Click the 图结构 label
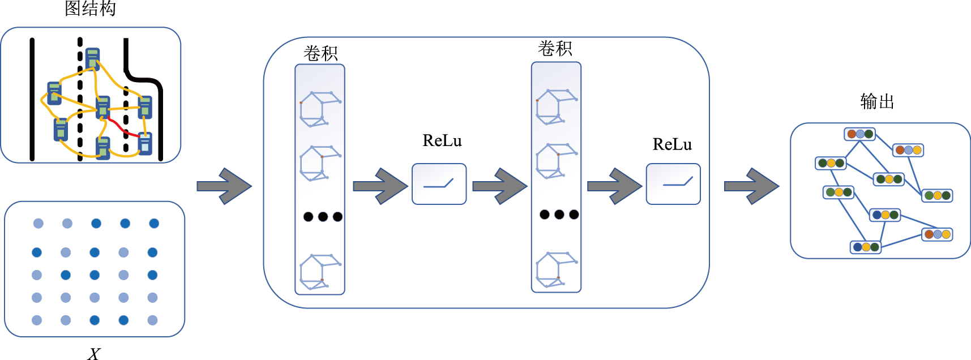pyautogui.click(x=91, y=9)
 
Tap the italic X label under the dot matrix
pyautogui.click(x=94, y=354)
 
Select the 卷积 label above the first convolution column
pyautogui.click(x=320, y=53)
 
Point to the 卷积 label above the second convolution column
pyautogui.click(x=555, y=49)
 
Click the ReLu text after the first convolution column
pyautogui.click(x=442, y=141)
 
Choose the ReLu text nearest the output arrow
pyautogui.click(x=672, y=145)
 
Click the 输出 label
pyautogui.click(x=877, y=102)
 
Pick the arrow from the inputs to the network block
pyautogui.click(x=224, y=186)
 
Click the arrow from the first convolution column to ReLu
pyautogui.click(x=380, y=186)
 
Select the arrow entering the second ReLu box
pyautogui.click(x=614, y=186)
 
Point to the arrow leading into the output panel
pyautogui.click(x=751, y=186)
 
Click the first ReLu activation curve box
pyautogui.click(x=439, y=184)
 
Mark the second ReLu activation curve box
pyautogui.click(x=673, y=184)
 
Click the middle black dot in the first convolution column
pyautogui.click(x=323, y=216)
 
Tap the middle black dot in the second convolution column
pyautogui.click(x=559, y=214)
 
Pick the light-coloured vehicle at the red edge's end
pyautogui.click(x=145, y=143)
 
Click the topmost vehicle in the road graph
pyautogui.click(x=92, y=59)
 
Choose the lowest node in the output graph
pyautogui.click(x=866, y=247)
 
